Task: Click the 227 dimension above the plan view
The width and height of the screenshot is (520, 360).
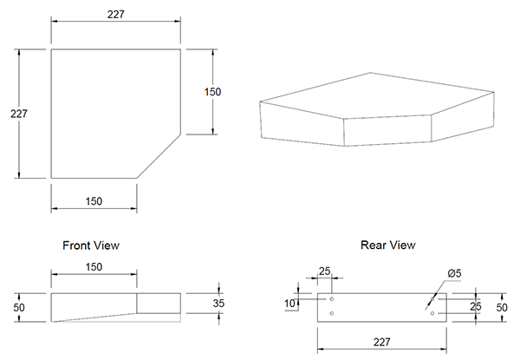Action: click(116, 15)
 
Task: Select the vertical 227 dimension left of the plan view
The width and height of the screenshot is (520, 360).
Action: click(18, 114)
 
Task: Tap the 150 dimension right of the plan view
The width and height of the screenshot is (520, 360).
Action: click(212, 92)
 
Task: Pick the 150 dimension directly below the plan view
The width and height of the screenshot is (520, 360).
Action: click(94, 201)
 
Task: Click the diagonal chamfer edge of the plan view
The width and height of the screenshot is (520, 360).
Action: click(159, 156)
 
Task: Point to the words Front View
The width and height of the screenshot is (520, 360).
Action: click(91, 245)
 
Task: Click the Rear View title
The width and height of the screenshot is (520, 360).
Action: click(388, 245)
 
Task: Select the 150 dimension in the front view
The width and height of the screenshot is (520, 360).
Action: click(94, 267)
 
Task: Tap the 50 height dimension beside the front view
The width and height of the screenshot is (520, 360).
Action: click(19, 308)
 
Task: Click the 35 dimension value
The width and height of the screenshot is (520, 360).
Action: click(219, 303)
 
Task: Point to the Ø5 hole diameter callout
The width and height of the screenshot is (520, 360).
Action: click(454, 273)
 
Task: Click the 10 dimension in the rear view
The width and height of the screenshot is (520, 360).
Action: click(289, 304)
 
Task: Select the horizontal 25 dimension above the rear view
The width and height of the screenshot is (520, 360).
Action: click(325, 272)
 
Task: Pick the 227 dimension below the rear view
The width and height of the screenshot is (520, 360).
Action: click(381, 342)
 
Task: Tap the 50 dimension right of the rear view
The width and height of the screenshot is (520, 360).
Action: click(502, 308)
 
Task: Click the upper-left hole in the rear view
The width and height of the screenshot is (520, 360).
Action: click(332, 299)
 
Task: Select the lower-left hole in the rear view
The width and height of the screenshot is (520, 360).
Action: click(332, 313)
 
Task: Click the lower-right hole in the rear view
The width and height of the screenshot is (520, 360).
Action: click(432, 313)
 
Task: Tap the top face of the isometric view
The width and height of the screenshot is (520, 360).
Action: click(374, 95)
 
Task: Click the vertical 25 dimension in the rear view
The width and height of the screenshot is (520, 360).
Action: click(475, 306)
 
